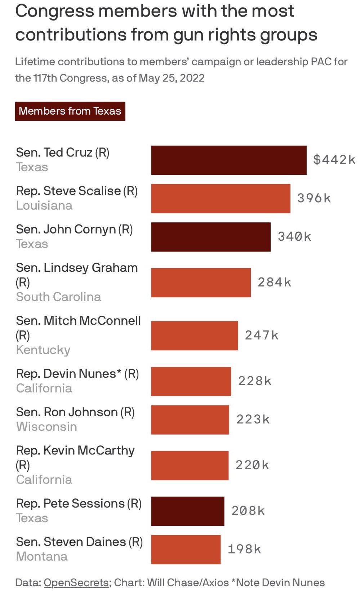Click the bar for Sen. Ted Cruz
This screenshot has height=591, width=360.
click(x=229, y=160)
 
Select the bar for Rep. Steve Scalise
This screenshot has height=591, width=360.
click(x=221, y=199)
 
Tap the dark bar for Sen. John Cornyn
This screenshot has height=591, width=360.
click(x=211, y=237)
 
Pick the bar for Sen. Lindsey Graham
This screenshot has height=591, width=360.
click(x=201, y=283)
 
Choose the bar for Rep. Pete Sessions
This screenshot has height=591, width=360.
click(x=187, y=511)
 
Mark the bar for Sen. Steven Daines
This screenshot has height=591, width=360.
click(x=186, y=550)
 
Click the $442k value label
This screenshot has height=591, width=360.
click(x=334, y=160)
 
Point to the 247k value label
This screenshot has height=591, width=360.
click(x=262, y=336)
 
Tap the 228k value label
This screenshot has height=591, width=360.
click(x=255, y=381)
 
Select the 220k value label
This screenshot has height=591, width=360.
click(x=252, y=465)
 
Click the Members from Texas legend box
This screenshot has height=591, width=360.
click(x=70, y=111)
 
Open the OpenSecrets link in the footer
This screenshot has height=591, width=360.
click(x=76, y=583)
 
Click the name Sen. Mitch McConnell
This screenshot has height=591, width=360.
click(x=78, y=321)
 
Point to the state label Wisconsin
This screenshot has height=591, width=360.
click(x=46, y=427)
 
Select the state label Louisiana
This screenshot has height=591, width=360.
click(x=44, y=205)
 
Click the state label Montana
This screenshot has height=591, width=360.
click(x=42, y=556)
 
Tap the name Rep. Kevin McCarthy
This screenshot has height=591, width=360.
click(x=75, y=450)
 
